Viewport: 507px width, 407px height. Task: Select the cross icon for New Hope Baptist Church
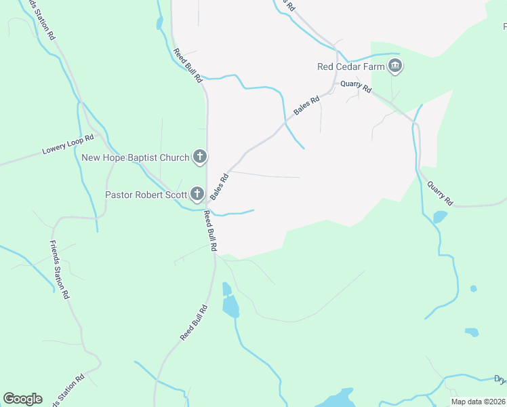point(200,157)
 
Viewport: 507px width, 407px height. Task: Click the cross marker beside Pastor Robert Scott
point(197,195)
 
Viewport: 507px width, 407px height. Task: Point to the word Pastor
point(119,195)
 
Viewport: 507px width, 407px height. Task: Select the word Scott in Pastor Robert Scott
point(176,195)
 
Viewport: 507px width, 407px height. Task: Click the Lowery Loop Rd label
point(68,148)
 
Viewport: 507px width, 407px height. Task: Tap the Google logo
point(22,399)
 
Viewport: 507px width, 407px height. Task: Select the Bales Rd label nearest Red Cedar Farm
point(306,105)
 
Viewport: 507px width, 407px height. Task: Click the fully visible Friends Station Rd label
point(60,270)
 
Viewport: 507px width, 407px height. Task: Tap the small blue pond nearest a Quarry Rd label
point(440,217)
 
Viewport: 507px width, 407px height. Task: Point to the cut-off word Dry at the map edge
point(500,380)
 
